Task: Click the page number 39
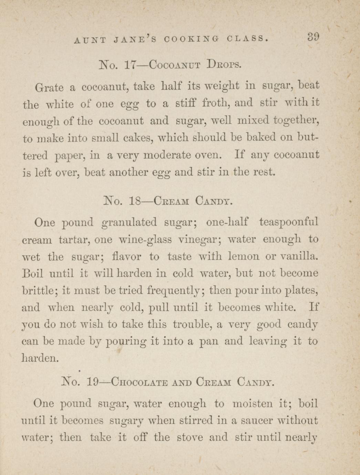click(x=314, y=36)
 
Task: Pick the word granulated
click(x=130, y=223)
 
